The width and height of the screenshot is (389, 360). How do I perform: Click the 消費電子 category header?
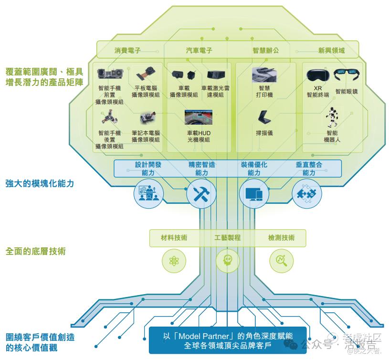point(127,50)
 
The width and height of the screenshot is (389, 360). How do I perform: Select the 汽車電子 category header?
point(199,50)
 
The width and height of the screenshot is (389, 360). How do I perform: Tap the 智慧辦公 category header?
point(265,50)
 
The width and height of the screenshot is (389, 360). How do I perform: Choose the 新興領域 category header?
point(331,50)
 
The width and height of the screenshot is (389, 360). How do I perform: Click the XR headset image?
point(317,75)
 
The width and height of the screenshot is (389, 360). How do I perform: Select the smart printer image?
point(264,74)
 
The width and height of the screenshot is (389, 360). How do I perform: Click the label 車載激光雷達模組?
point(213,92)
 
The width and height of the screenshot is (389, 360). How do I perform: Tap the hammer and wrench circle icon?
point(201,193)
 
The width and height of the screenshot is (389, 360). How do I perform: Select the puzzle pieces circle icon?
point(307,193)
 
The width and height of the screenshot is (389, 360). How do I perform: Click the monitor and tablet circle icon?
point(253,193)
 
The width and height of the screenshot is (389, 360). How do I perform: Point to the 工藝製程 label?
point(228,238)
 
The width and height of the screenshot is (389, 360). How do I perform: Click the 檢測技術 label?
point(282,238)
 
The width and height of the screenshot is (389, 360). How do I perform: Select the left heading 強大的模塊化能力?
point(40,183)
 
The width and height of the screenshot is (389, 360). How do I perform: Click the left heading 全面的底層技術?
point(36,251)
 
